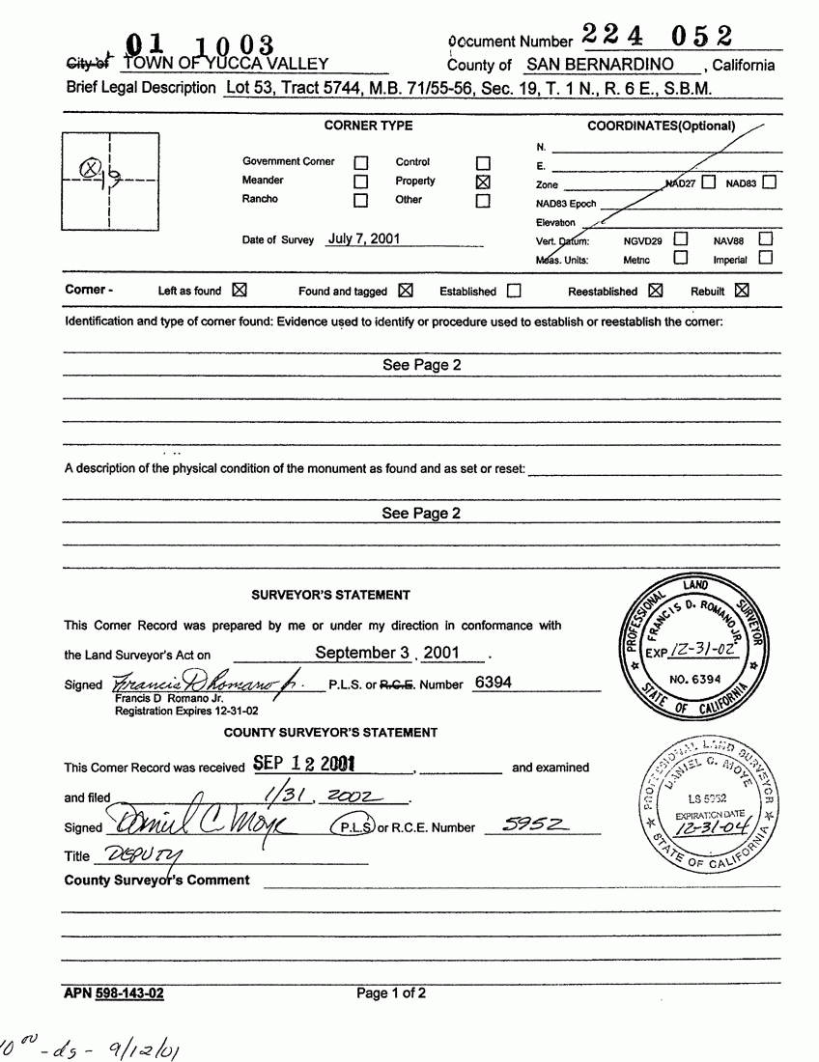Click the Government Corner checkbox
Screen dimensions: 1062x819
click(x=361, y=163)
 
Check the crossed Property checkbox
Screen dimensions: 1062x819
click(x=484, y=182)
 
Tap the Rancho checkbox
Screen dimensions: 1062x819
click(x=361, y=201)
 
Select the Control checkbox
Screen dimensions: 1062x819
click(x=484, y=163)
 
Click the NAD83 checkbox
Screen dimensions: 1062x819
click(x=769, y=182)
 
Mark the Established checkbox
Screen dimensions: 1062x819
click(x=514, y=291)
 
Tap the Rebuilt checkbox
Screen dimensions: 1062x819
click(x=741, y=290)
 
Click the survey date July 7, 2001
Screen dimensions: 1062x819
click(x=363, y=238)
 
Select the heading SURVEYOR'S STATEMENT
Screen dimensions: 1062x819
click(x=330, y=595)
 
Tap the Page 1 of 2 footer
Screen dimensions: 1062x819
click(x=390, y=992)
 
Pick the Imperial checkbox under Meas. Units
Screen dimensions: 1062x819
click(x=765, y=258)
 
